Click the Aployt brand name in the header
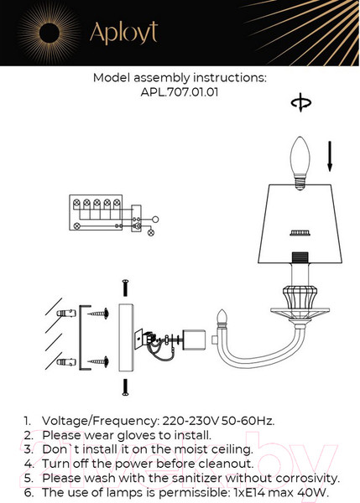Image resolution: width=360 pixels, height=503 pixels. click(x=123, y=33)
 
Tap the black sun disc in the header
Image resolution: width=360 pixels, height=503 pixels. click(x=50, y=33)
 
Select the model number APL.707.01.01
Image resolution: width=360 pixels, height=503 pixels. click(x=180, y=92)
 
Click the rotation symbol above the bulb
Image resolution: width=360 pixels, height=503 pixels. click(x=301, y=102)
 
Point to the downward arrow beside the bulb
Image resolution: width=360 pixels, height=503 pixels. click(x=330, y=156)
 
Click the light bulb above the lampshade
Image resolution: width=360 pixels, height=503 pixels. click(x=300, y=163)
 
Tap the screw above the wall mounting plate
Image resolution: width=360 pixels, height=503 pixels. click(x=126, y=288)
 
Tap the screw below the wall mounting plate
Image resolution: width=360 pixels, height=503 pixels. click(x=126, y=387)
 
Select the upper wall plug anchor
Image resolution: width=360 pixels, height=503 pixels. click(x=66, y=313)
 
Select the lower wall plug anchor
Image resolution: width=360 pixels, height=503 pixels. click(x=66, y=362)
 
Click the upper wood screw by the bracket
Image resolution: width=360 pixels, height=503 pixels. click(x=98, y=313)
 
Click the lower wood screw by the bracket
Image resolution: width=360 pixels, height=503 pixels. click(x=98, y=362)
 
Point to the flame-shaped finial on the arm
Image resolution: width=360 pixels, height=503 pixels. click(x=222, y=319)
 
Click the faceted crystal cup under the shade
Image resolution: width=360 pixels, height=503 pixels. click(x=300, y=297)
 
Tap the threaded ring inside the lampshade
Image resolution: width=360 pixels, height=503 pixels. click(x=300, y=233)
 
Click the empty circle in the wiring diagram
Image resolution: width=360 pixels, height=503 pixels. click(x=155, y=220)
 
